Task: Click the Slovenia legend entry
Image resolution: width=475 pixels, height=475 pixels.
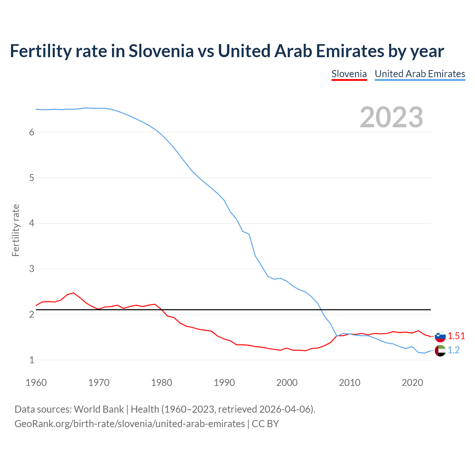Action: tap(349, 74)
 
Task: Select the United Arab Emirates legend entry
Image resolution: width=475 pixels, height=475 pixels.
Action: tap(420, 74)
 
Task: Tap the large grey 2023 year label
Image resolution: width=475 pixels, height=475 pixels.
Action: tap(392, 117)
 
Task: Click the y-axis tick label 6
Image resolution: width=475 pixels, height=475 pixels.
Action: tap(32, 132)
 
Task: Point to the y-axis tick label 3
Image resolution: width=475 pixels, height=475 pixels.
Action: tap(32, 269)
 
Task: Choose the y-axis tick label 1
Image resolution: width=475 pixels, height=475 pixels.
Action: tap(32, 360)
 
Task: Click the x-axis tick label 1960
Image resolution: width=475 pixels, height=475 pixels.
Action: tap(36, 383)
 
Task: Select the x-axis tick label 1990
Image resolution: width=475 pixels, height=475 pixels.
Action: tap(224, 383)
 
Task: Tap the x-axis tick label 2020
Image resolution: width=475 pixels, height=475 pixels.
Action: tap(412, 383)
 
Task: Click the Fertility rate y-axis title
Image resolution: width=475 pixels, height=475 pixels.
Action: tap(16, 230)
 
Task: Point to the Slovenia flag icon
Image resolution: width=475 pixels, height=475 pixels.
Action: tap(440, 337)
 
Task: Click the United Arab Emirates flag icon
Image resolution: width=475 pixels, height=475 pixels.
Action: tap(440, 350)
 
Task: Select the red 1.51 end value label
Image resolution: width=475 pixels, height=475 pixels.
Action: tap(456, 336)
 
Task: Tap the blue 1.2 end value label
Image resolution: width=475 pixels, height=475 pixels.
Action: tap(454, 350)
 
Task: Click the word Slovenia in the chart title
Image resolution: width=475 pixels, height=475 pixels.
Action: tap(161, 51)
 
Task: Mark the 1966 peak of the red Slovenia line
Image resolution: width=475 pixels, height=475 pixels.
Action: tap(73, 293)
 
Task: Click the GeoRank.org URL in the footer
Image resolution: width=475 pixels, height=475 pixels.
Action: tap(130, 424)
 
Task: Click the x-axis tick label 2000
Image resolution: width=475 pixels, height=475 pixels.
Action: tap(287, 383)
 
